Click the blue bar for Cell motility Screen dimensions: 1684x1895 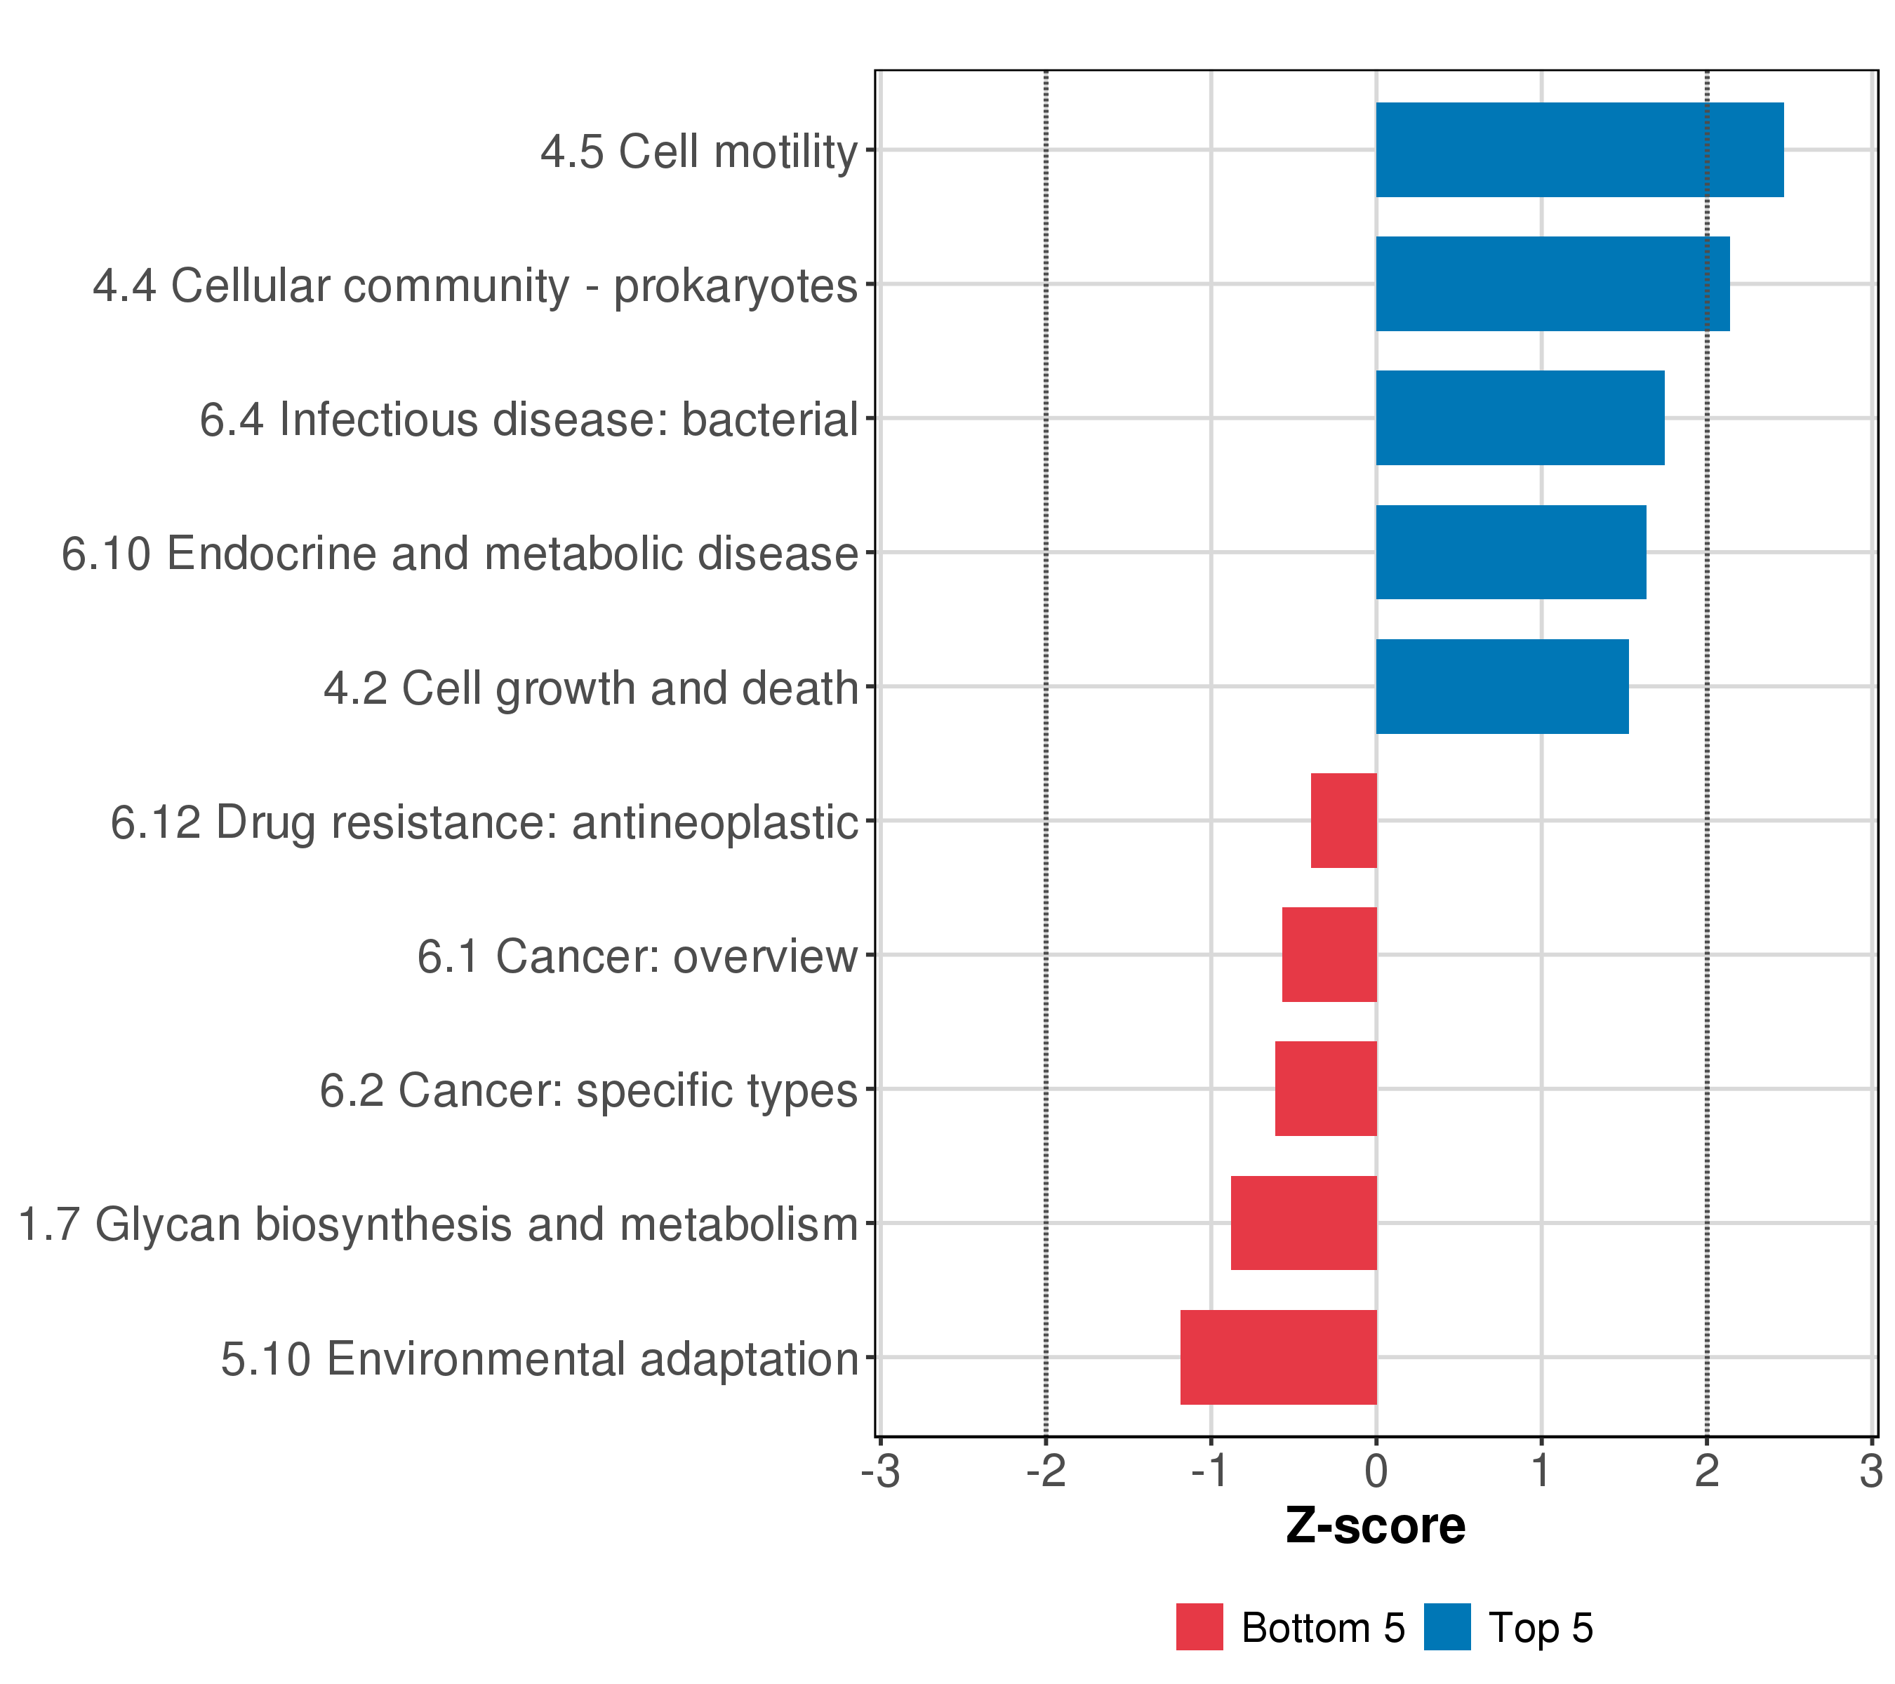coord(1579,150)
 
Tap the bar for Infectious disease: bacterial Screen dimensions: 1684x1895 coord(1520,418)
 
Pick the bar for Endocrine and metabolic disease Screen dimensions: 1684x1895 coord(1510,552)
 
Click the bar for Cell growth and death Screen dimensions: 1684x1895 coord(1502,687)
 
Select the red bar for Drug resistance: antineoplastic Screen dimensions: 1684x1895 coord(1343,820)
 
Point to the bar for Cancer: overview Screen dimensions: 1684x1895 coord(1329,954)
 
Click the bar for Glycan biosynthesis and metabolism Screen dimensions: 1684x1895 coord(1303,1224)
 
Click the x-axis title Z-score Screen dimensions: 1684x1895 coord(1375,1526)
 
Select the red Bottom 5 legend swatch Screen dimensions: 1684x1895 coord(1199,1627)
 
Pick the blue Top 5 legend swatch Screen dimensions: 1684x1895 coord(1447,1627)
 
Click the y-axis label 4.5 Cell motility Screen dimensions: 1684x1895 coord(699,152)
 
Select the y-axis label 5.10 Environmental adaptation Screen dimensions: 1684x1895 coord(540,1360)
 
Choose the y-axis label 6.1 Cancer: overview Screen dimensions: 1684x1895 coord(637,956)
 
